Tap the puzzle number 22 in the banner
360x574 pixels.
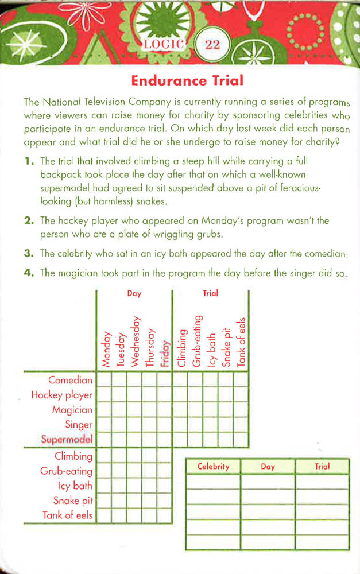pos(212,44)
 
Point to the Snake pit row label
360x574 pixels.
pos(73,500)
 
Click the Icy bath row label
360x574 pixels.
pos(75,486)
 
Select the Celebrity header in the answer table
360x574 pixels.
pos(213,467)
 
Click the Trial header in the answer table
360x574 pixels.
pos(322,467)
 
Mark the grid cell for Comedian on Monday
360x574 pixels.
pos(104,380)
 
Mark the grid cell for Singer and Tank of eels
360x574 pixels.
pos(241,425)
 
